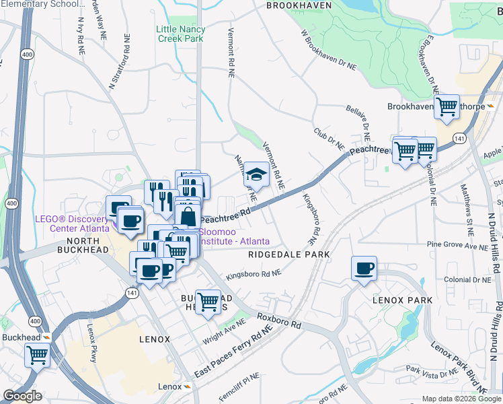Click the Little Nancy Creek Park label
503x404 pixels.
click(x=180, y=34)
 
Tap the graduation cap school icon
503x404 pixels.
click(x=256, y=174)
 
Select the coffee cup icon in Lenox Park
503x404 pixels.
click(x=364, y=268)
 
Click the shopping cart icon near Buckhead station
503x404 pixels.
click(x=37, y=353)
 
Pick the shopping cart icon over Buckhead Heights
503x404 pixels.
click(x=208, y=302)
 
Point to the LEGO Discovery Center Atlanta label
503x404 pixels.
click(x=73, y=224)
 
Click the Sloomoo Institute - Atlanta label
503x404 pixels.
click(x=235, y=236)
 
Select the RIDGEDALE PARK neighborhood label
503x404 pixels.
click(x=288, y=255)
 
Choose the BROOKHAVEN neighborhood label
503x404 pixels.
click(x=299, y=5)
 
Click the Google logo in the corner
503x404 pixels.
click(x=22, y=396)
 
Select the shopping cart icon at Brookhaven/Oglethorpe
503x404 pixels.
click(x=447, y=106)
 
